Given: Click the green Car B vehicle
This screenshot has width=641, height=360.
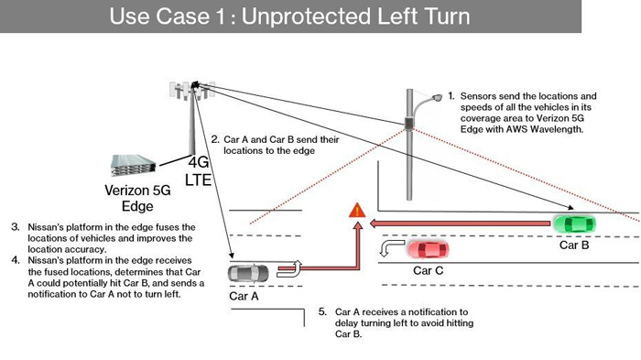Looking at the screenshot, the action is pos(574,224).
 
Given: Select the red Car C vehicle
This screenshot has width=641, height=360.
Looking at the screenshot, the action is pos(428,249).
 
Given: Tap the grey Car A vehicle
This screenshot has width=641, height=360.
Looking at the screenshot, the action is pos(248,274).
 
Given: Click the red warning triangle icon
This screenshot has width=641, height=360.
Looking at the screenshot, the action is pos(357,211).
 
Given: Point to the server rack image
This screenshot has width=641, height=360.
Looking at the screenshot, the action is pos(134,165).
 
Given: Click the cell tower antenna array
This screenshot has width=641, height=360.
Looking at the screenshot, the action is pos(192,91).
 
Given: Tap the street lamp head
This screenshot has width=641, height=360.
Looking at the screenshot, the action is pos(437,98).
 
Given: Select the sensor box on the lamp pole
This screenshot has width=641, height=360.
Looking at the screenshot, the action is pos(408,123).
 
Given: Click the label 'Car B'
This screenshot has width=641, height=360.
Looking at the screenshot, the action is pos(574,245).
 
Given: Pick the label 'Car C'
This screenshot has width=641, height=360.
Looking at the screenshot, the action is pos(428,270).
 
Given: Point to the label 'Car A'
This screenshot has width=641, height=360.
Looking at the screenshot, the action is pos(244,296).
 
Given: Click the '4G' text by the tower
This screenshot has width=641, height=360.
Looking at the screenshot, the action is pos(199,162).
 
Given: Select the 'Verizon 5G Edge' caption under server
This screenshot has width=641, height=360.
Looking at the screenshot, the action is pos(137,198).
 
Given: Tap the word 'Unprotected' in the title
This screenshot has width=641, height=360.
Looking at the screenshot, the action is pos(306,16).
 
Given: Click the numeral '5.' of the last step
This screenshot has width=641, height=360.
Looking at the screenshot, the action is pos(322,311).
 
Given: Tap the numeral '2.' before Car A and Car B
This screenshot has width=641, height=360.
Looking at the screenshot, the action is pos(215,139).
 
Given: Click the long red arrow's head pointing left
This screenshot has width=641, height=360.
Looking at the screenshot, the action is pos(374,224).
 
